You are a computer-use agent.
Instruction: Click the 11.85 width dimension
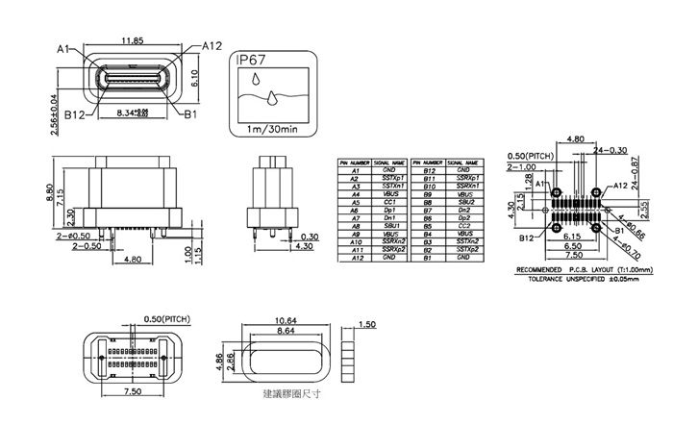click(134, 40)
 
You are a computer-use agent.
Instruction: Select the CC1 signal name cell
click(389, 203)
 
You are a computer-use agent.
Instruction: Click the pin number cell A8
click(355, 226)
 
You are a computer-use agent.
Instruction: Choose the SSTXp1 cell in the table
click(389, 179)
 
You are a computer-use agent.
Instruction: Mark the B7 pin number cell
click(431, 211)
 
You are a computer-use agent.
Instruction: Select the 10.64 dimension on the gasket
click(284, 320)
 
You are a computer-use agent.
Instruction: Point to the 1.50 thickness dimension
click(364, 325)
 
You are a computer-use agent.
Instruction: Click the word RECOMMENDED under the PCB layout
click(545, 269)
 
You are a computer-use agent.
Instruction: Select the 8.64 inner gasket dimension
click(284, 331)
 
